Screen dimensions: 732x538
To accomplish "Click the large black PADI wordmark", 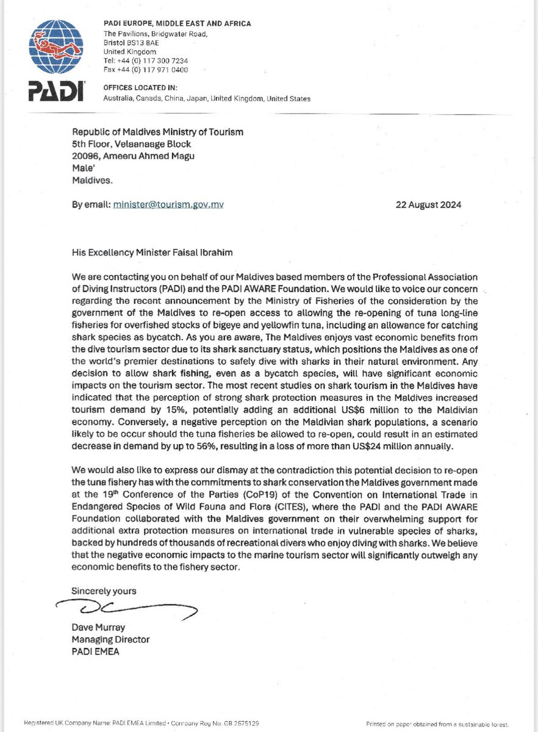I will tap(56, 90).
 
